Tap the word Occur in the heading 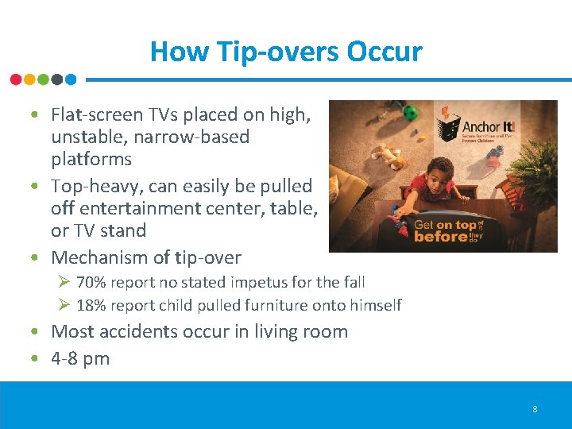385,52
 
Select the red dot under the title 16,79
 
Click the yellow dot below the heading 29,79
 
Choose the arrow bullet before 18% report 65,306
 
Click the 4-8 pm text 80,358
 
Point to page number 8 535,409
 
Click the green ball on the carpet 410,114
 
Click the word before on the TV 442,237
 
